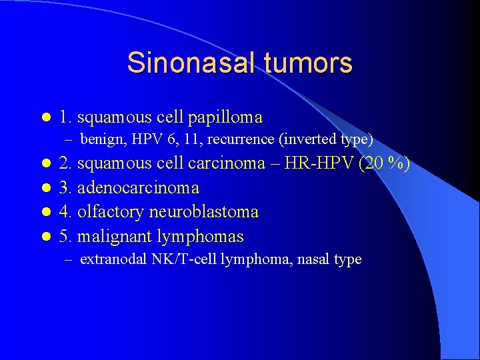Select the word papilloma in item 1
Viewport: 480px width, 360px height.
(x=225, y=117)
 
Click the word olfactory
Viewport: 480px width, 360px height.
(x=109, y=212)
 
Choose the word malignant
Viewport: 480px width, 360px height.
(x=115, y=236)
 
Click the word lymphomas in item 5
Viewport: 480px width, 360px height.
(x=201, y=236)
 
